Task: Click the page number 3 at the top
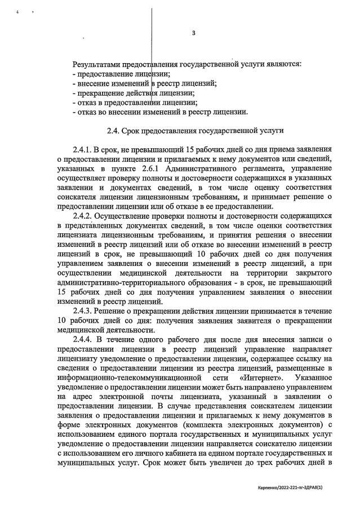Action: (x=193, y=33)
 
